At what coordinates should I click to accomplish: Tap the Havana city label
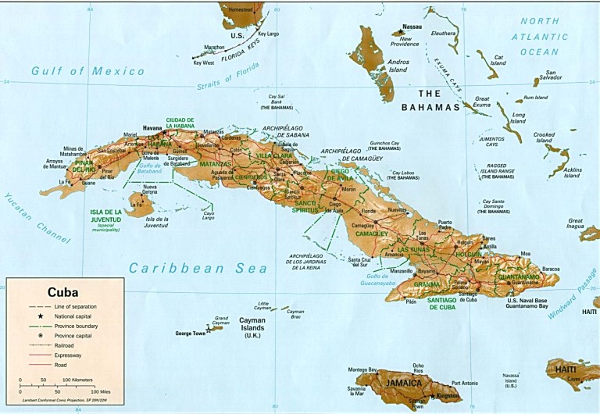(x=152, y=127)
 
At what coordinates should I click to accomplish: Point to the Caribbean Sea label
(x=198, y=268)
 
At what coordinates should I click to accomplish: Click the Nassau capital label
(x=412, y=27)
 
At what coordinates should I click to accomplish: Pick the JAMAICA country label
(x=401, y=383)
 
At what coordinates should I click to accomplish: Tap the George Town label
(x=190, y=334)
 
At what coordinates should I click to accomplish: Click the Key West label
(x=202, y=62)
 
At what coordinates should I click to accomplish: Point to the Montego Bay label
(x=362, y=369)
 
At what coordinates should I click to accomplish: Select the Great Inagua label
(x=576, y=223)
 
